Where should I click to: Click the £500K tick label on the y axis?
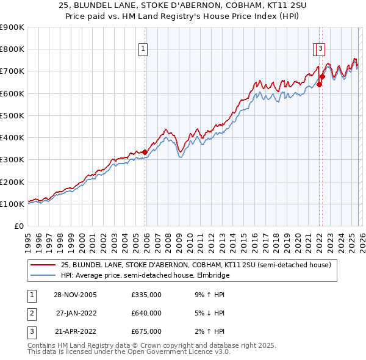tap(12, 115)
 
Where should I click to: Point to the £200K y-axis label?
tap(12, 182)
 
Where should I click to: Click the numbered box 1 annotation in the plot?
tap(143, 50)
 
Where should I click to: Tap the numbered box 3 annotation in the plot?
tap(321, 50)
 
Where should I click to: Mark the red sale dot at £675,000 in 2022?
tap(322, 76)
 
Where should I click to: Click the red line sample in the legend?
tap(42, 265)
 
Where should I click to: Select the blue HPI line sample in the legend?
tap(42, 276)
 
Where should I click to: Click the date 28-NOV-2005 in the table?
tap(74, 295)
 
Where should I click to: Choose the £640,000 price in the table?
tap(146, 313)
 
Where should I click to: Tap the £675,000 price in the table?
tap(146, 331)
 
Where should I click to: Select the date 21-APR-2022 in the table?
tap(74, 331)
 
